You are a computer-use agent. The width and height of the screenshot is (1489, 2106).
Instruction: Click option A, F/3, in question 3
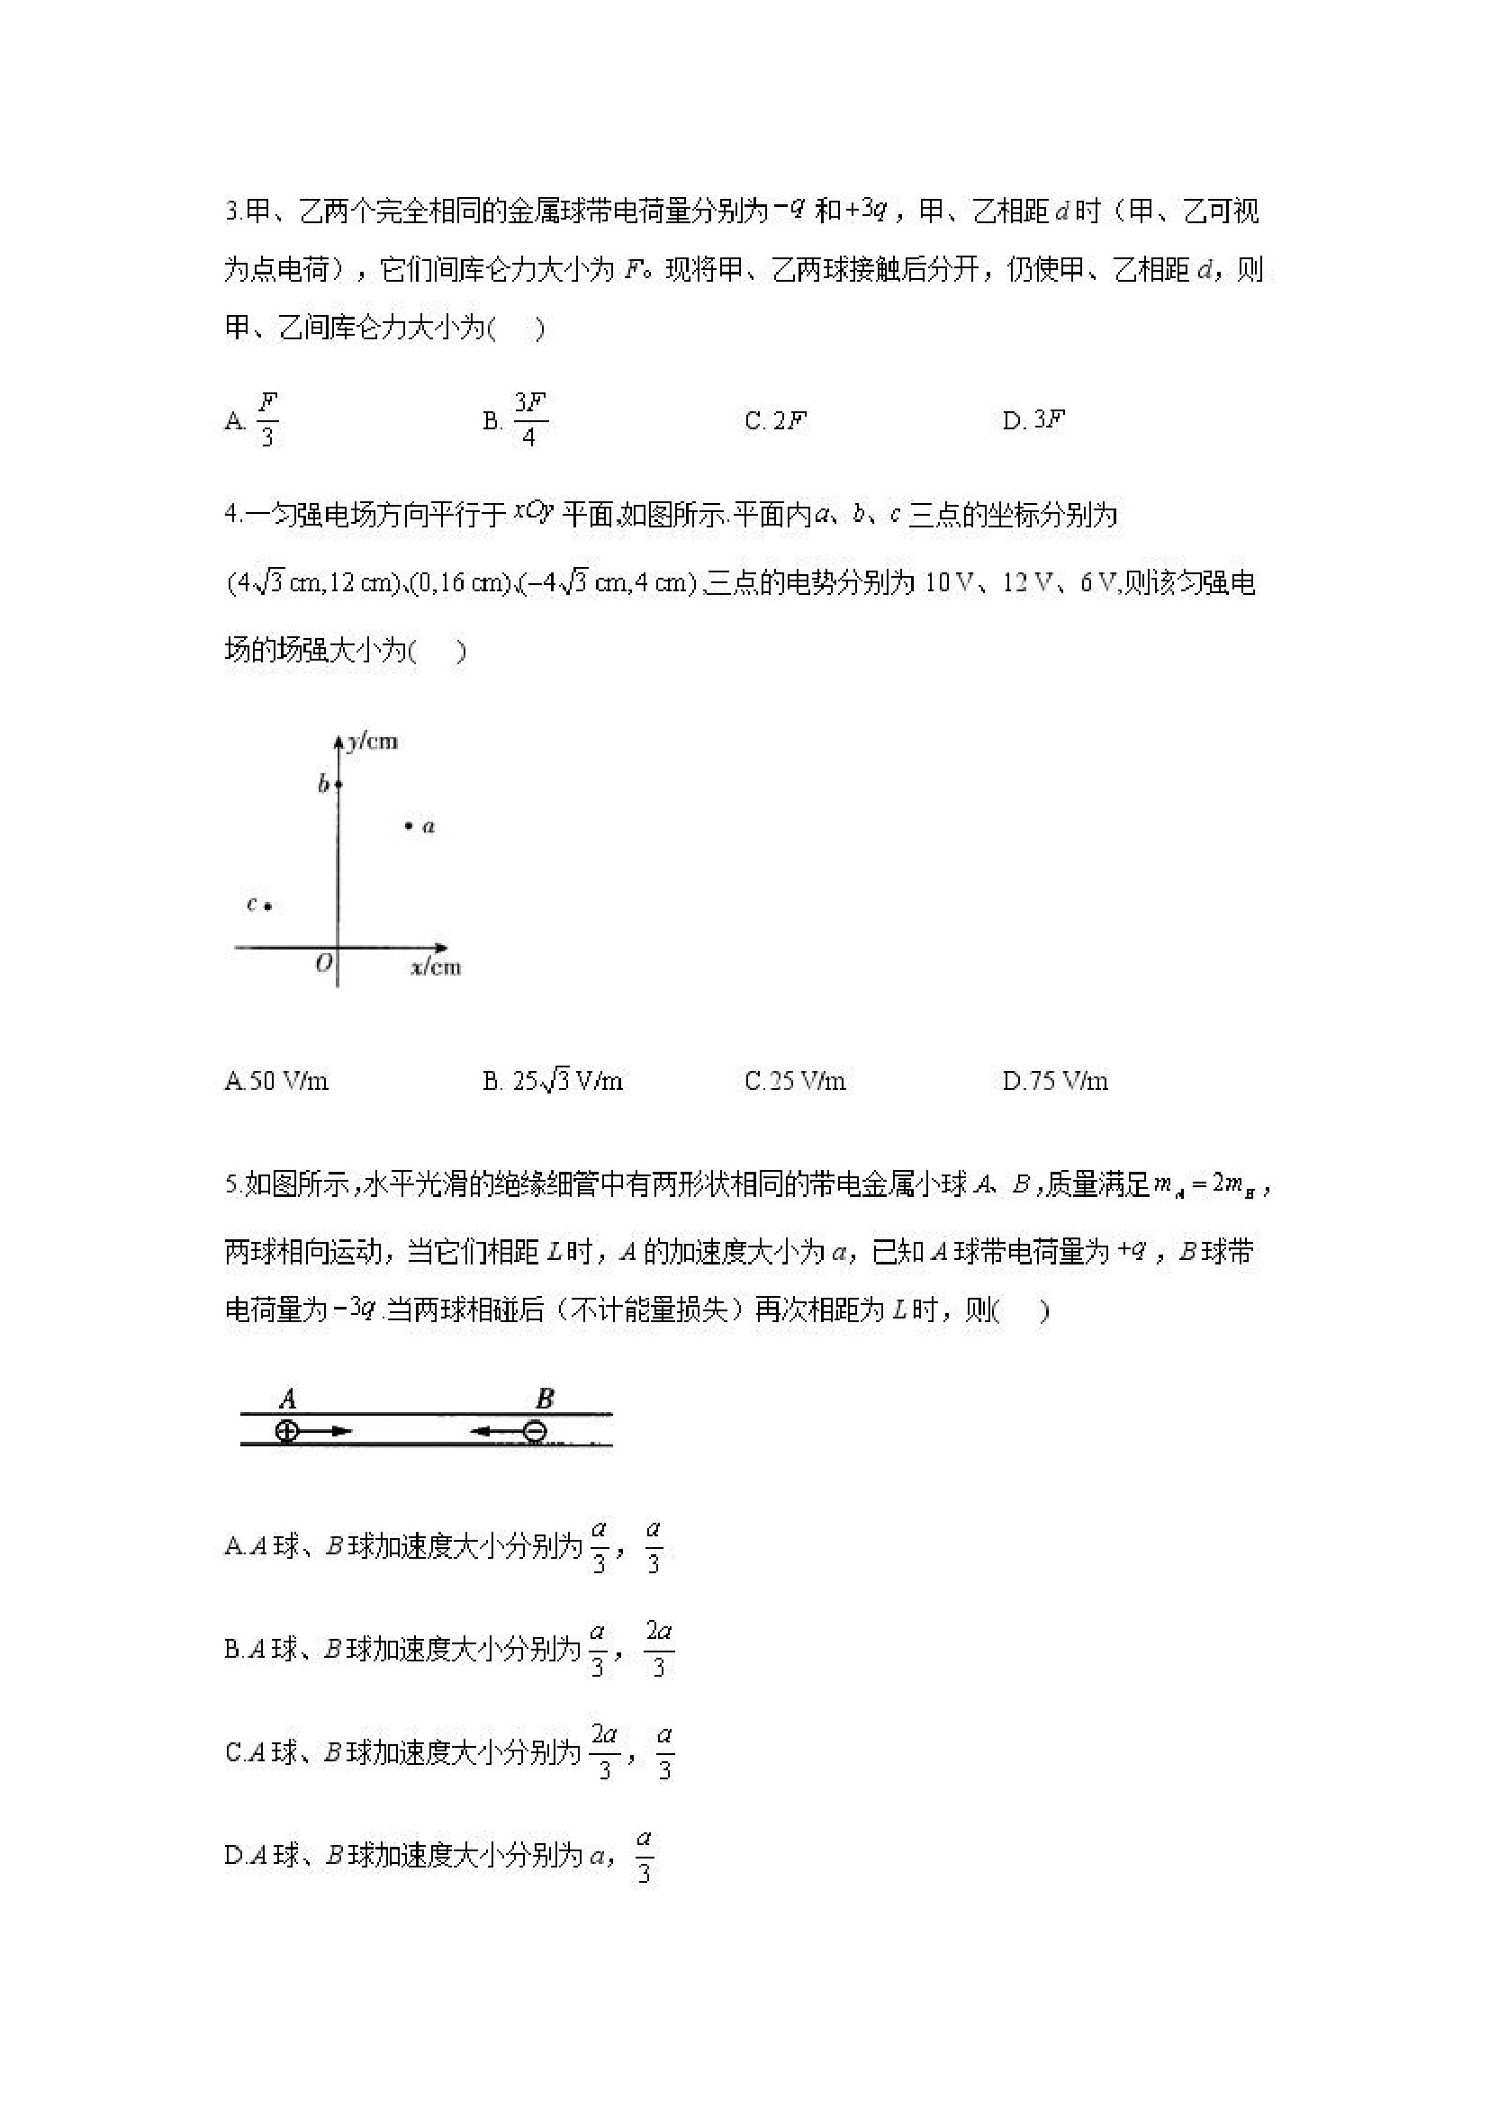(251, 420)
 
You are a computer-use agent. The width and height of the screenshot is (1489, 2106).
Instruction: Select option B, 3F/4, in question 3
(517, 420)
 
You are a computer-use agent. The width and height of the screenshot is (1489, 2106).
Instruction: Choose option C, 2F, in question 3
(776, 421)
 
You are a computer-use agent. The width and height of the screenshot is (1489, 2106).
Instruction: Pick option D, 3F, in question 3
(1034, 420)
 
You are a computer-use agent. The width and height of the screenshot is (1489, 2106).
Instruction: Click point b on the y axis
(338, 784)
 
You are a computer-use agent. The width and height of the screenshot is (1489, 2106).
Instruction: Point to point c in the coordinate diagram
(267, 907)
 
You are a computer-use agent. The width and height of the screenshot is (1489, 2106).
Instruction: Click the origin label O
(323, 964)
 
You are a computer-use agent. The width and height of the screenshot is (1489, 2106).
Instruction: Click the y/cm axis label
(372, 741)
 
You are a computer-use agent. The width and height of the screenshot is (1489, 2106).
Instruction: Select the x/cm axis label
(436, 967)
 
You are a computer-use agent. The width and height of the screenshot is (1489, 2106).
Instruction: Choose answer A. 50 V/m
(276, 1082)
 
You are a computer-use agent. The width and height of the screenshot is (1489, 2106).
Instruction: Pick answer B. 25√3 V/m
(554, 1082)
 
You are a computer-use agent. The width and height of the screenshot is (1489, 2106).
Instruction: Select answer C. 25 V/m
(796, 1082)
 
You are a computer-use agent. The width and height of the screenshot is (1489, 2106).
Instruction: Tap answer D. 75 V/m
(1055, 1082)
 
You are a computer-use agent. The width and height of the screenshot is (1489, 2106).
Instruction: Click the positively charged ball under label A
(287, 1432)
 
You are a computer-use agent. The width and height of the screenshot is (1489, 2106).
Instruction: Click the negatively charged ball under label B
(535, 1432)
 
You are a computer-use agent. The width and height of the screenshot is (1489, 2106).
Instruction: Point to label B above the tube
(544, 1399)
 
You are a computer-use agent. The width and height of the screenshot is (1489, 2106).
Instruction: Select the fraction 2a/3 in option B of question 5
(659, 1649)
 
